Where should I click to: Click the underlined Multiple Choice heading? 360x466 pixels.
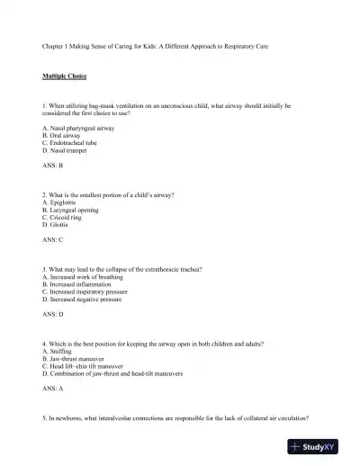63,78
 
